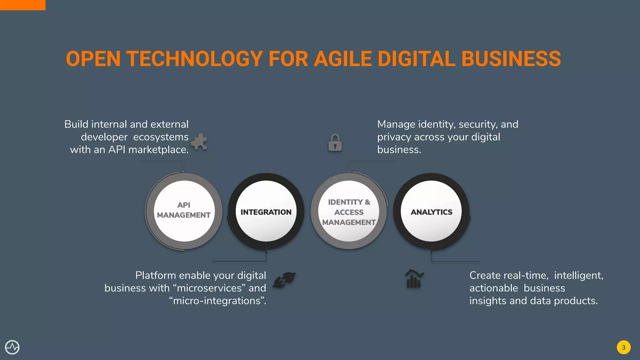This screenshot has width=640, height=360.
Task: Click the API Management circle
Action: [x=184, y=211]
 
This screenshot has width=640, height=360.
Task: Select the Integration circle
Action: [x=266, y=211]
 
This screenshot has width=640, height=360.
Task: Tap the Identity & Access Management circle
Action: [x=349, y=211]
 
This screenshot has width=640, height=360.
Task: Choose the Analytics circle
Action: [x=431, y=211]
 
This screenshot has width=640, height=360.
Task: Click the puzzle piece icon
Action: [x=199, y=142]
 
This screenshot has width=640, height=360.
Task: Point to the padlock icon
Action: [x=335, y=143]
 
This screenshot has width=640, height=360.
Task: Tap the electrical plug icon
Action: [x=284, y=279]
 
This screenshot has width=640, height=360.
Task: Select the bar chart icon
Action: [x=414, y=279]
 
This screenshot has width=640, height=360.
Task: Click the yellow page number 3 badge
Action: [x=623, y=347]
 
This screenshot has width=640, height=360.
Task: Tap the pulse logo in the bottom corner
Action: [x=12, y=347]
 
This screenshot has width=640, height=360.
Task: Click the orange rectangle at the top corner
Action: [x=22, y=5]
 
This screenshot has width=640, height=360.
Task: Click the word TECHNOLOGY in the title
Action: [x=194, y=59]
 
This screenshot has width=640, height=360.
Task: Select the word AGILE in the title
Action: [x=343, y=59]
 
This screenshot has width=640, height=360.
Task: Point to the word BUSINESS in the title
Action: [x=511, y=59]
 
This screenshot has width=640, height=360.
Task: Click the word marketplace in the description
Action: [x=158, y=150]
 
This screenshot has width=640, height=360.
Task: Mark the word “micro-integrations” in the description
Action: [x=217, y=301]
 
